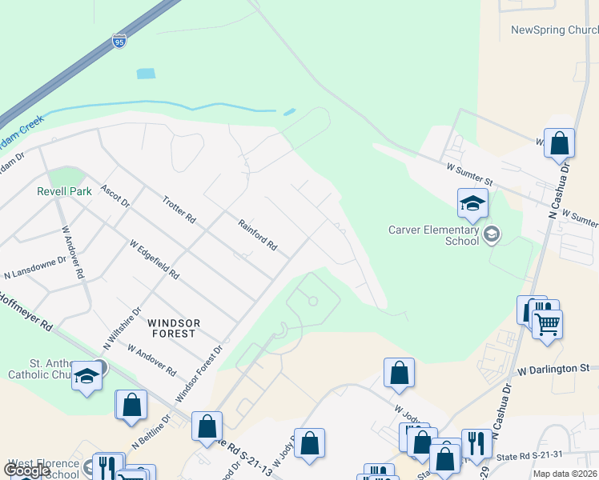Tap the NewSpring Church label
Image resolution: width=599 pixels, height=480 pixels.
coord(555,30)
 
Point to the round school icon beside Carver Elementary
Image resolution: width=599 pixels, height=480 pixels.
coord(491,234)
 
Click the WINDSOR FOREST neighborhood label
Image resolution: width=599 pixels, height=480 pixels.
coord(172,328)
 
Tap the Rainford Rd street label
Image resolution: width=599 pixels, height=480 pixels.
coord(257,235)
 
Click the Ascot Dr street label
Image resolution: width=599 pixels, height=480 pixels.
coord(115,197)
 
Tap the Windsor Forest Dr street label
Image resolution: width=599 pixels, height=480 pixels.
coord(197,374)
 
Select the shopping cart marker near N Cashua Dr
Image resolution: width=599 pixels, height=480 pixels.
coord(548,322)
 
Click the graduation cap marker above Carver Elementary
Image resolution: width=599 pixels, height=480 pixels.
coord(472,203)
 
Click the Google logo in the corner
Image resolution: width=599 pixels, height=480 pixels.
coord(26,470)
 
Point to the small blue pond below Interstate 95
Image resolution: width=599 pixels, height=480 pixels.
coord(145,74)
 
